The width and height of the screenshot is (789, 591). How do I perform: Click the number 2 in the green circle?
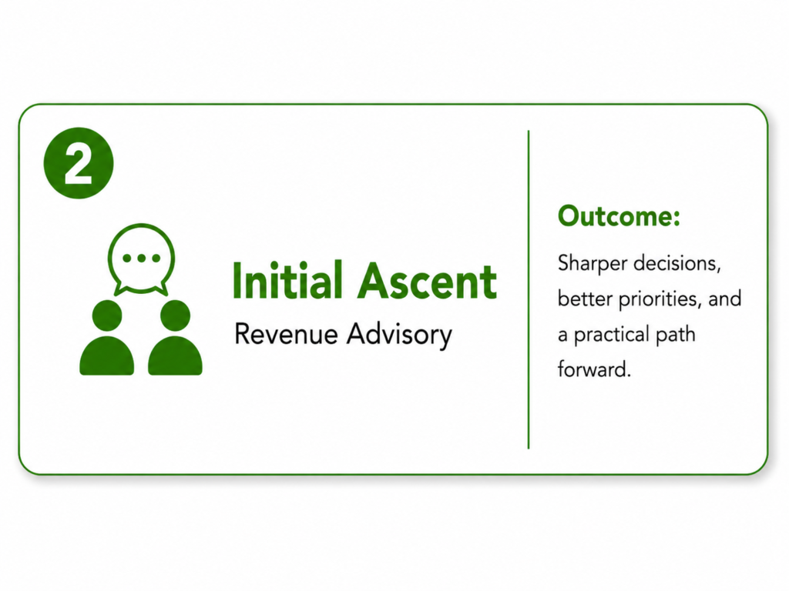coord(79,164)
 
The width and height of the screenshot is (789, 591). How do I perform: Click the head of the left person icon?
coord(107,316)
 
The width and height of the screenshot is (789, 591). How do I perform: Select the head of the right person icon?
coord(175,316)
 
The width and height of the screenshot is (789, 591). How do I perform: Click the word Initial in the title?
coord(287,280)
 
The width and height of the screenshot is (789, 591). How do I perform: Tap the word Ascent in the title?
coord(427,281)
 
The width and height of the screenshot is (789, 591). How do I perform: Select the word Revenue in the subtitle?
coord(286,334)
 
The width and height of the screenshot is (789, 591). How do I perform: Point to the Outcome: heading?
coord(619,216)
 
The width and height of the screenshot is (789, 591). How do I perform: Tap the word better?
coord(586,299)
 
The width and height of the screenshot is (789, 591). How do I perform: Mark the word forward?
coord(594,369)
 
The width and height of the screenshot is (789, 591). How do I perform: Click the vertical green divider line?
coord(529,289)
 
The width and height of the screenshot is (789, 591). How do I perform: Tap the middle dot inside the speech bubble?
coord(142,259)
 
